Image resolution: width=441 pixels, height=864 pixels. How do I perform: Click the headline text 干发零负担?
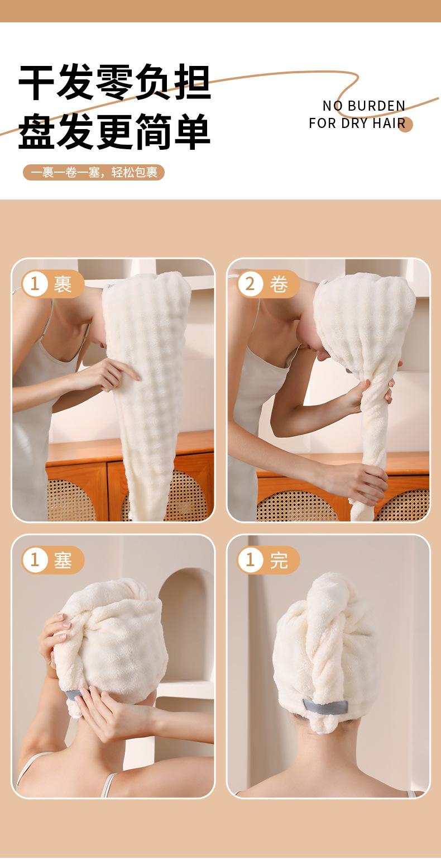point(114,82)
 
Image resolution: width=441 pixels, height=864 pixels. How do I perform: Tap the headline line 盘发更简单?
point(114,131)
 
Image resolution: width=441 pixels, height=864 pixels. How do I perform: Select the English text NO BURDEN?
point(364,106)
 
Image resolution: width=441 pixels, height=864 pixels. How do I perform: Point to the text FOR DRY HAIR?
point(357,123)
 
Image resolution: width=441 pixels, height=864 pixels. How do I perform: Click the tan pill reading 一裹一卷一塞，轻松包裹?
point(94,172)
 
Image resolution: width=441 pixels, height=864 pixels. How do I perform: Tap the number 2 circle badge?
point(250,284)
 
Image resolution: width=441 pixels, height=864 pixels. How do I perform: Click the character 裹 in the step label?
point(63,284)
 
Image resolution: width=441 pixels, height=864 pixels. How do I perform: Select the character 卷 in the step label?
point(279,284)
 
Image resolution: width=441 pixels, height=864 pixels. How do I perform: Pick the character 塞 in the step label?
point(63,560)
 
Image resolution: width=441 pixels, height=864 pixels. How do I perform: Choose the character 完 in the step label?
point(279,560)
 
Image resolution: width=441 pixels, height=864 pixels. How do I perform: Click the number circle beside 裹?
point(35,284)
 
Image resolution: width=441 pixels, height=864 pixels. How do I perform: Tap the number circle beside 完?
point(250,560)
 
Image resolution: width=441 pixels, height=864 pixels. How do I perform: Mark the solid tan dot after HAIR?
point(405,125)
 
